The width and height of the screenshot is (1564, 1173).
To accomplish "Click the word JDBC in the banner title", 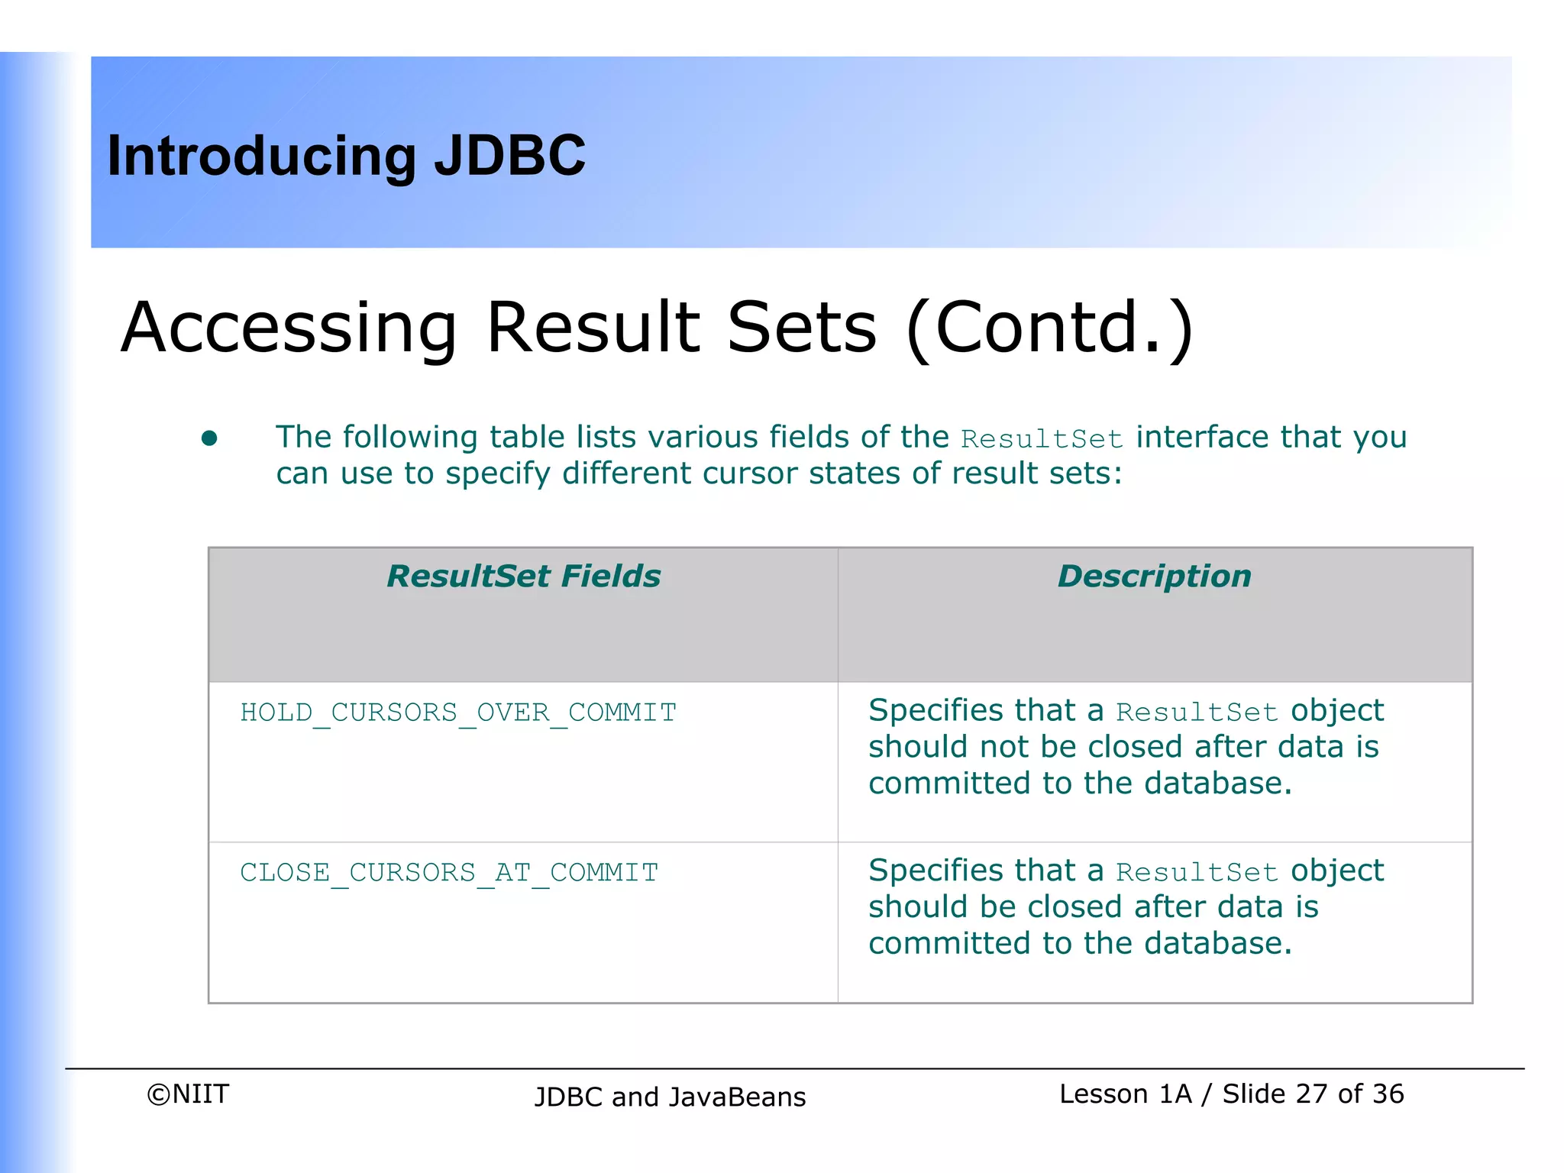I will point(509,156).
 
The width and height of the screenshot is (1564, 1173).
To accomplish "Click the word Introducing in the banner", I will point(262,157).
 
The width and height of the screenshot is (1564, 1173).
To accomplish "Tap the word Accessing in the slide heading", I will point(289,328).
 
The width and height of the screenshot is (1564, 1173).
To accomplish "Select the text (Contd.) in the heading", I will point(1049,328).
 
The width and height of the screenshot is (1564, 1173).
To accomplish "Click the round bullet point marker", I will point(209,438).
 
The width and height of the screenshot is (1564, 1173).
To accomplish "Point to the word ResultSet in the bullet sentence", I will point(1042,439).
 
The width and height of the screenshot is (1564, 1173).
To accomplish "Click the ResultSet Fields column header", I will point(523,577).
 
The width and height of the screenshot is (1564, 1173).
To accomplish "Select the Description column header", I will point(1154,577).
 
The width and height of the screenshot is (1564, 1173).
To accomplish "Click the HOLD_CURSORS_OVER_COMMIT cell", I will point(458,713).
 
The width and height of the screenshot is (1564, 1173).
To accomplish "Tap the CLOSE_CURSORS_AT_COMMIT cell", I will point(449,872).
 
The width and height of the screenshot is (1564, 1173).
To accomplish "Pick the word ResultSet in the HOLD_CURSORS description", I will point(1197,713).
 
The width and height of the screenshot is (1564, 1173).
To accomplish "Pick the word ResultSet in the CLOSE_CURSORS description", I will point(1197,872).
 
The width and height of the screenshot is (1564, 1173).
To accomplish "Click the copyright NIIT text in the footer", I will point(188,1094).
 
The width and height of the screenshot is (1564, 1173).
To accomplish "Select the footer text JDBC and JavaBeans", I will point(670,1097).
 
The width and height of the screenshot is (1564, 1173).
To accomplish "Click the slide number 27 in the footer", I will point(1311,1094).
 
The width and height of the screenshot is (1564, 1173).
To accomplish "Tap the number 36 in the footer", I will point(1388,1094).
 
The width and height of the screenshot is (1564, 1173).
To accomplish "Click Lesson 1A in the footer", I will point(1125,1094).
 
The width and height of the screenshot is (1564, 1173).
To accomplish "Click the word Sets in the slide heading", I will point(801,328).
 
